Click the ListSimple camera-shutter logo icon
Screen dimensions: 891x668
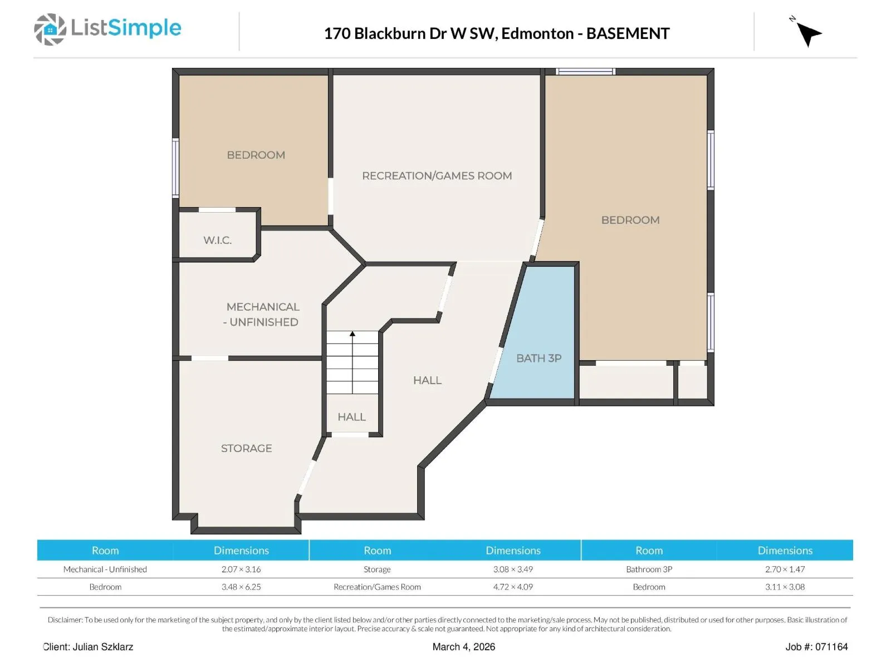50,29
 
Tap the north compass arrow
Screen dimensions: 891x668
808,34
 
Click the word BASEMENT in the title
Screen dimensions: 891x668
628,33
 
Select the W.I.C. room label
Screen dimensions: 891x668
218,240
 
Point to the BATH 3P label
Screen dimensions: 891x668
538,358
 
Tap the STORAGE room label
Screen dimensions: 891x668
246,448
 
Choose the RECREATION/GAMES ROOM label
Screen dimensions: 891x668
437,175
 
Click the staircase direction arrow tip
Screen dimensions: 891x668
353,332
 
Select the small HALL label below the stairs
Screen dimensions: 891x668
351,417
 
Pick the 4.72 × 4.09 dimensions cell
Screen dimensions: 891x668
513,587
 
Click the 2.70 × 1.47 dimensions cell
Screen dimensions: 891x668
785,569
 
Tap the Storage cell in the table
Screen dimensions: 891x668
376,569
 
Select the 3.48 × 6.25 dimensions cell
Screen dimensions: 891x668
241,587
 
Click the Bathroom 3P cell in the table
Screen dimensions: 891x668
649,569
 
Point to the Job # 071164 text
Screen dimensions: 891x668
816,647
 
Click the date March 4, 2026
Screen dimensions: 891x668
463,647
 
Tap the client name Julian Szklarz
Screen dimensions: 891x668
102,647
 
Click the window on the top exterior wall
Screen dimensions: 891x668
585,72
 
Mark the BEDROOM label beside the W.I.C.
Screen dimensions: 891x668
256,155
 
